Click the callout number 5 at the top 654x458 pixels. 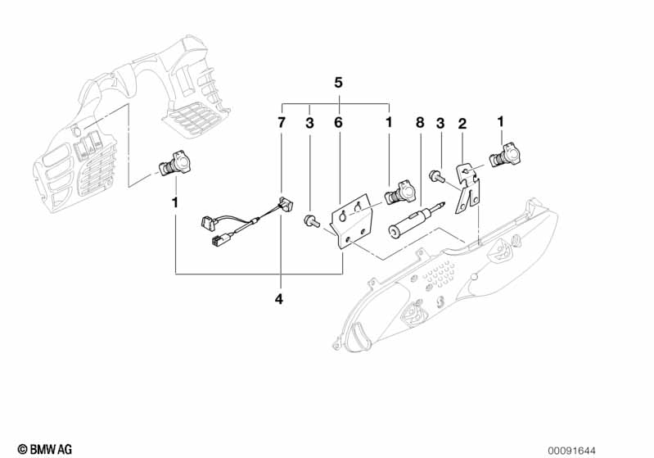338,83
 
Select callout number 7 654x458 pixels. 282,123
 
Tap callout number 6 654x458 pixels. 338,123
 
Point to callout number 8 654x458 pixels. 420,123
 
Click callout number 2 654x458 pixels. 462,124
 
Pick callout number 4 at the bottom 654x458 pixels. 279,299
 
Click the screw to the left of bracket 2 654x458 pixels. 435,175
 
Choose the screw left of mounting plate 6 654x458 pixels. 312,220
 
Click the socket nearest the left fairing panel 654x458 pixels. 174,166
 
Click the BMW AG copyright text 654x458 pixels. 45,449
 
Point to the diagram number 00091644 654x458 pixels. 572,451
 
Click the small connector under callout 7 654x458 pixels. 286,205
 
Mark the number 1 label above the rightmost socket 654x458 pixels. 500,121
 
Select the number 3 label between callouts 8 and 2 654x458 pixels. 440,123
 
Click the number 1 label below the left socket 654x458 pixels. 175,202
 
